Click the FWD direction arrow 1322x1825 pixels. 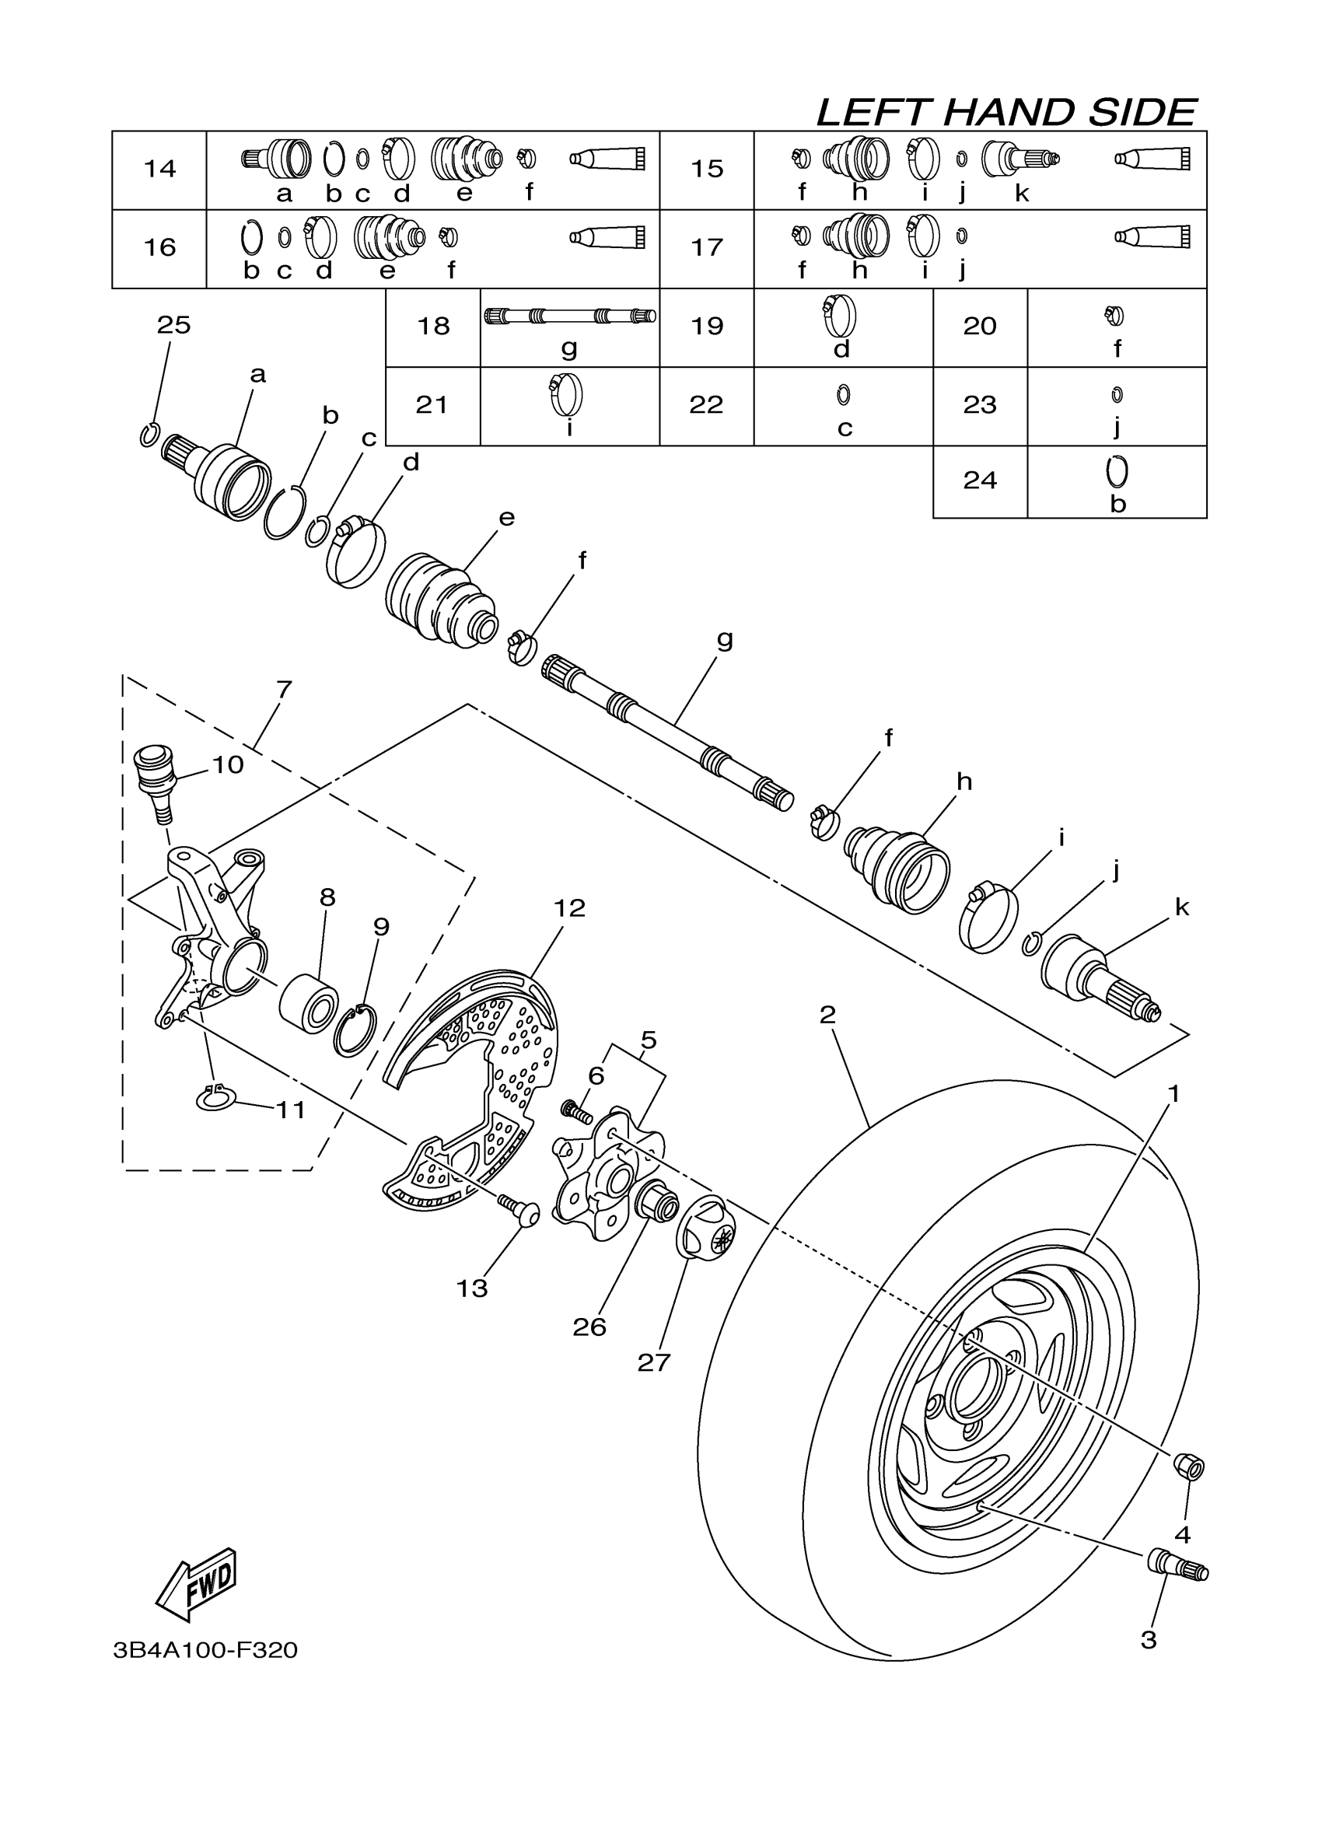[196, 1584]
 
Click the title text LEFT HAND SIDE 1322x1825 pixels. [1006, 113]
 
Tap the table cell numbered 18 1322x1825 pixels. [433, 326]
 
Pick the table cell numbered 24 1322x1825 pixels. [979, 481]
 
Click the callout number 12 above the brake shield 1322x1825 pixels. [569, 907]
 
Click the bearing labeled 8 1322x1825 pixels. [308, 1002]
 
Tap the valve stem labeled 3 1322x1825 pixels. [1177, 1565]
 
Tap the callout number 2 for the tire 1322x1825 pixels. [827, 1015]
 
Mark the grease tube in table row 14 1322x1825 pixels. [607, 159]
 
